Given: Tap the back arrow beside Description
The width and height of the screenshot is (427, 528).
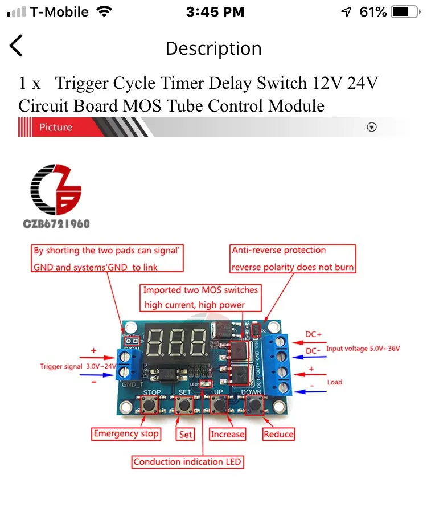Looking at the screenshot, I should click(x=17, y=46).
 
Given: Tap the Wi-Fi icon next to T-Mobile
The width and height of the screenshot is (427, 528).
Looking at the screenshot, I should click(x=104, y=11).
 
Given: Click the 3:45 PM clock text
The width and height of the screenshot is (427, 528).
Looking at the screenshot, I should click(x=215, y=11).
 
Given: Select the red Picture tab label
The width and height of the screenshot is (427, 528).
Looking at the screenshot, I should click(x=56, y=127).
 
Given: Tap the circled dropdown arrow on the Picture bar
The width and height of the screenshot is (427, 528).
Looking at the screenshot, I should click(x=372, y=127).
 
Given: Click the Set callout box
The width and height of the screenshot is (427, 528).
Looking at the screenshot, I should click(x=186, y=435).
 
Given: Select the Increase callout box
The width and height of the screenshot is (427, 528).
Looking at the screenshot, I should click(x=227, y=435).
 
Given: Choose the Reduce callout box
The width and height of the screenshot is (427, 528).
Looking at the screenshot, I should click(x=278, y=435).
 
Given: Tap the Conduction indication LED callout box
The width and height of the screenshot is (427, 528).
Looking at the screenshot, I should click(x=187, y=462).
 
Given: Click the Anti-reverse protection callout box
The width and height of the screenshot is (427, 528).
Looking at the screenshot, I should click(x=293, y=259).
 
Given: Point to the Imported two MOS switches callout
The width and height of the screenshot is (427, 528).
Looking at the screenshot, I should click(x=200, y=298).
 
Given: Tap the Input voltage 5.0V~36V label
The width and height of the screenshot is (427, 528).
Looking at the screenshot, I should click(x=363, y=348).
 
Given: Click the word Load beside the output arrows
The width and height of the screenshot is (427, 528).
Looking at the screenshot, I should click(x=334, y=382).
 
